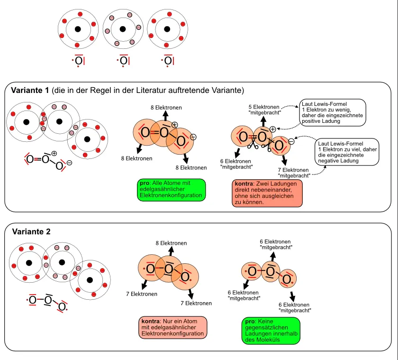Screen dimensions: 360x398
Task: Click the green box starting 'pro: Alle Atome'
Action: point(171,188)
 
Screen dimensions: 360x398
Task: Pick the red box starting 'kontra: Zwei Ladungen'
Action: point(267,193)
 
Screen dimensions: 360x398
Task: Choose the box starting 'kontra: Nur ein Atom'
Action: point(173,328)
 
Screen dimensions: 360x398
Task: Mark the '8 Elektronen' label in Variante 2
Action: point(171,243)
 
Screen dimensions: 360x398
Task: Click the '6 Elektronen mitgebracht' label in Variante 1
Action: point(236,164)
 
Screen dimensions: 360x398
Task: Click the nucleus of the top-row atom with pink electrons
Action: point(123,29)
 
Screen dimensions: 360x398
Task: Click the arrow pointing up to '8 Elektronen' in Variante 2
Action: point(171,251)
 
